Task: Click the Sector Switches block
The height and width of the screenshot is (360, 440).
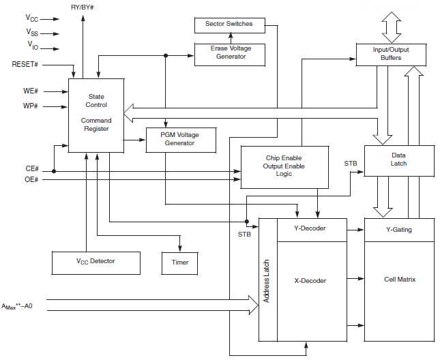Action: pos(229,25)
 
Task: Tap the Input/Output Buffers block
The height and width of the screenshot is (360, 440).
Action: pos(391,55)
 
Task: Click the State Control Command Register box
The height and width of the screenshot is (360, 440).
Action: pos(96,113)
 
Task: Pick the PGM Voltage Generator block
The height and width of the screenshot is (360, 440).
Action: pos(180,139)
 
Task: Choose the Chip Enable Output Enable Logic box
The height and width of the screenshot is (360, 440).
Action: pos(284,166)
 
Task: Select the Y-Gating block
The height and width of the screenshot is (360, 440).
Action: pos(399,229)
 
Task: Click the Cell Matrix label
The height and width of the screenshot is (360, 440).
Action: pos(399,280)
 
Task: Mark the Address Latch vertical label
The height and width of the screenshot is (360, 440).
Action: pos(267,280)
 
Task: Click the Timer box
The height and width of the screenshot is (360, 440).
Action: pos(180,262)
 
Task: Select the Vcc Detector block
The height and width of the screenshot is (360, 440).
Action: pos(96,261)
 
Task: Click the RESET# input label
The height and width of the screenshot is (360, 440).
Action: pos(25,64)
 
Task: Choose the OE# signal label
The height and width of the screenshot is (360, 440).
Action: pos(31,179)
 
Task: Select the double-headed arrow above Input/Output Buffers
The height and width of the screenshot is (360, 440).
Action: pos(392,27)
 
